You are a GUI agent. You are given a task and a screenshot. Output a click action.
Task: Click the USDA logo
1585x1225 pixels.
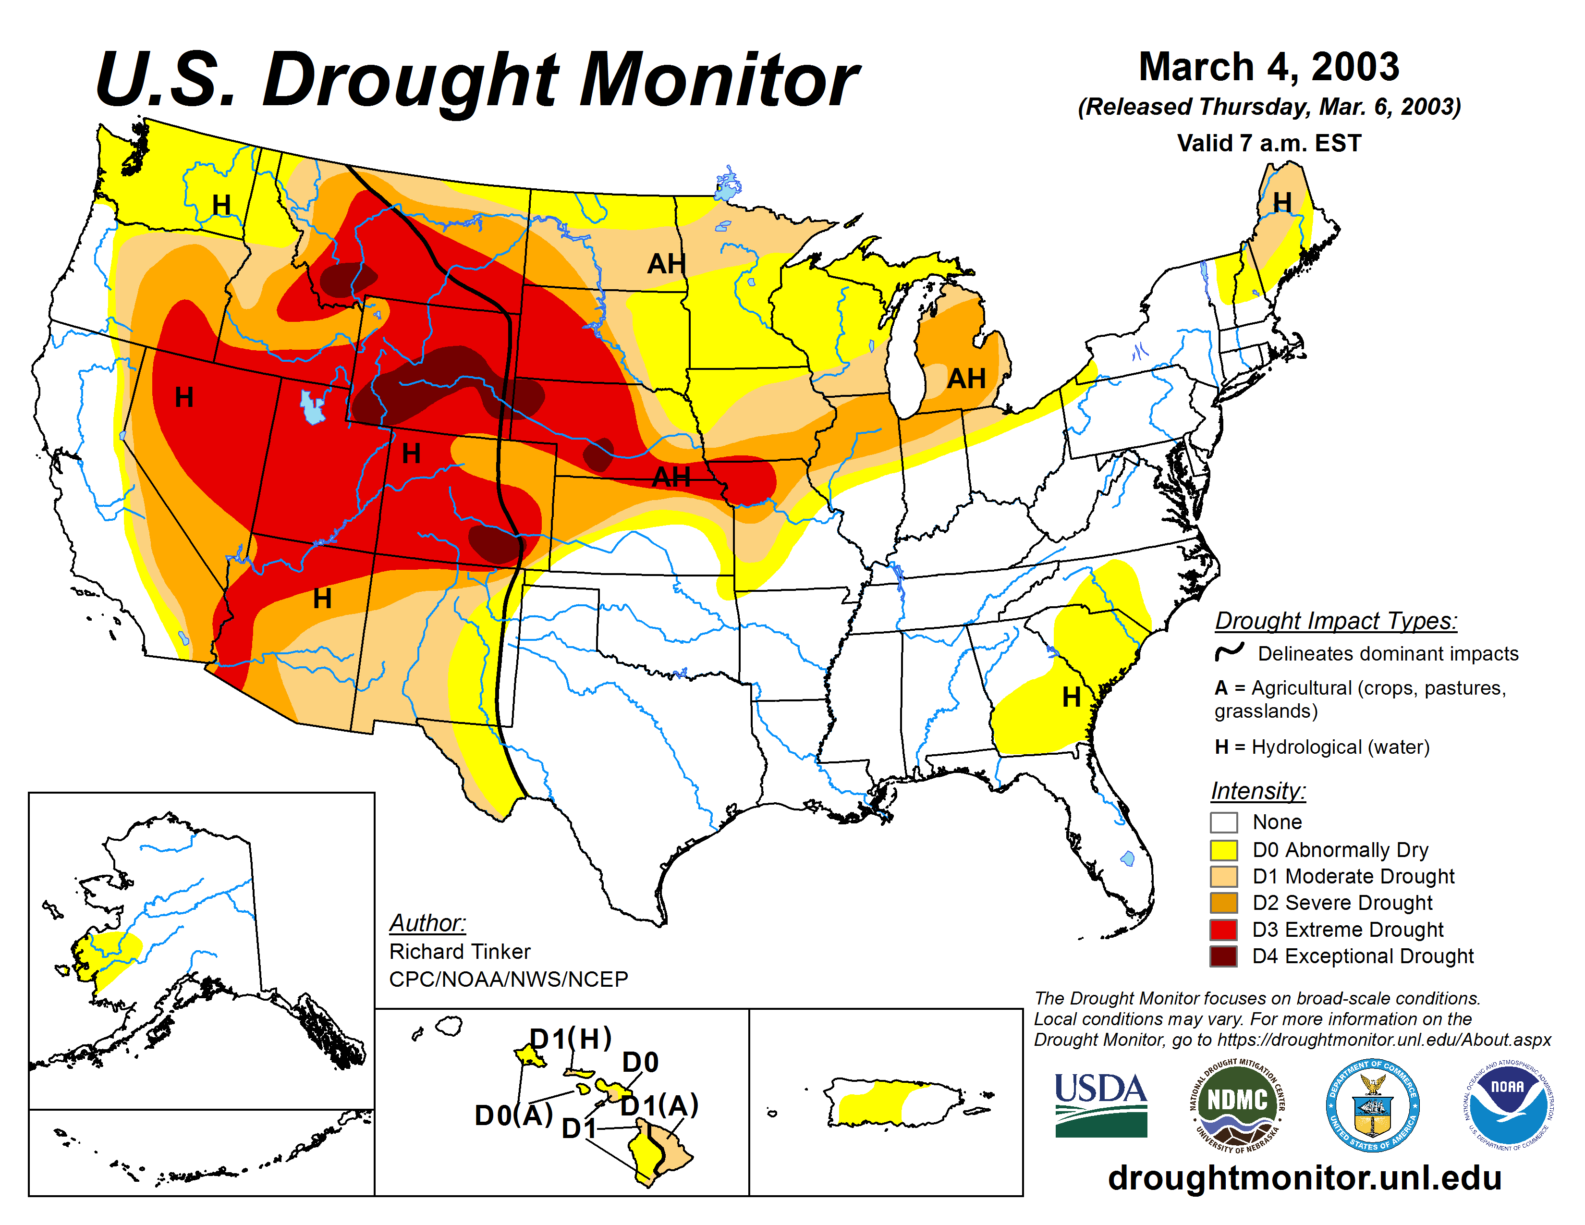point(1100,1104)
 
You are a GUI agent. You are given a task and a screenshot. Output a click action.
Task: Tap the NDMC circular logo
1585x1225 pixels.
point(1237,1104)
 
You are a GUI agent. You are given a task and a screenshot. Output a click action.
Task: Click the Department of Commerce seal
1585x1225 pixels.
point(1372,1104)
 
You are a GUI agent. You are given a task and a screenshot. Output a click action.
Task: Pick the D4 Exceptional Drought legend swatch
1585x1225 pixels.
point(1224,956)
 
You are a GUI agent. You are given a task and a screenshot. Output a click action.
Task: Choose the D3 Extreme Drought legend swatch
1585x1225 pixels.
point(1224,929)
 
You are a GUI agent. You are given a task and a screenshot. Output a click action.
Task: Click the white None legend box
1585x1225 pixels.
point(1224,822)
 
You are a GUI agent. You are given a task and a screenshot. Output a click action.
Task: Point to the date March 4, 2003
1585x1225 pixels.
point(1268,67)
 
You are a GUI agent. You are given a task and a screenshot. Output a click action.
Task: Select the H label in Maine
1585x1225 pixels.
point(1282,202)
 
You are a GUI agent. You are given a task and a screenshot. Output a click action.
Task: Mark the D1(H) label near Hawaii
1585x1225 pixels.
point(571,1039)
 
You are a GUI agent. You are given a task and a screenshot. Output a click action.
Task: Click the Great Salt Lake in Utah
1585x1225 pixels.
point(313,408)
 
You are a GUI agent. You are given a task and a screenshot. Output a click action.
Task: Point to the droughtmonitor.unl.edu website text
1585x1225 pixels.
point(1304,1177)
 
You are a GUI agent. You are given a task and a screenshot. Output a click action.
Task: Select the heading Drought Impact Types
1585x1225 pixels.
point(1335,621)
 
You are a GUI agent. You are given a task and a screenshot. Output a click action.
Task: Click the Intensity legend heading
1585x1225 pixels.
point(1258,790)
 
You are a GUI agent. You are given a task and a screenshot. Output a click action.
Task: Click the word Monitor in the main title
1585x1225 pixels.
point(719,80)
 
